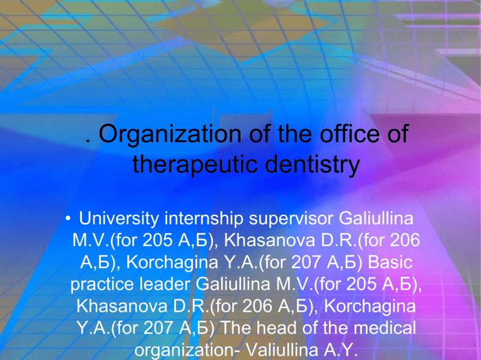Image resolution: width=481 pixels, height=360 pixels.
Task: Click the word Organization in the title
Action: [x=170, y=135]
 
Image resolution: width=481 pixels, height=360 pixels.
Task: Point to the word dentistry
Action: [x=313, y=165]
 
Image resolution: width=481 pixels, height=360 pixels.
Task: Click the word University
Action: [x=119, y=219]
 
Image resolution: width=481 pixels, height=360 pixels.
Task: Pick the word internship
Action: [x=204, y=219]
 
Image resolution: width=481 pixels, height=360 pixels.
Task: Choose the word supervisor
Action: [x=291, y=219]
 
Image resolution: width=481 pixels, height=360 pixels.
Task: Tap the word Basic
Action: [x=390, y=262]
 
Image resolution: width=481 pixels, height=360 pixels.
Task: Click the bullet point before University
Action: [x=68, y=219]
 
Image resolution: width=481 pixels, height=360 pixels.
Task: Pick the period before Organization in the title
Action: [x=88, y=141]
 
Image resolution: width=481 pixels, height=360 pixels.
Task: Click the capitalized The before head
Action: [x=235, y=328]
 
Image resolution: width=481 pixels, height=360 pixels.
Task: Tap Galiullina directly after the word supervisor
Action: [x=376, y=219]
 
